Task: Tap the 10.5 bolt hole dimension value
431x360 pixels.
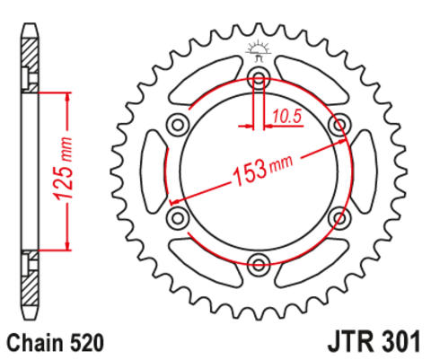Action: [286, 115]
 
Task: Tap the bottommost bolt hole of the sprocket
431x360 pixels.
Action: [259, 263]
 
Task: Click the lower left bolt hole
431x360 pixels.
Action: [178, 216]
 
